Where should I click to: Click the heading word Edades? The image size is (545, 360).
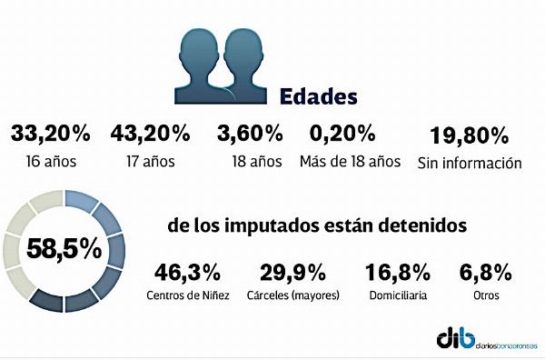point(319,96)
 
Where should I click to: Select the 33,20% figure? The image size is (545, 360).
point(51,134)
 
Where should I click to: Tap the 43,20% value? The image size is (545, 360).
point(150,134)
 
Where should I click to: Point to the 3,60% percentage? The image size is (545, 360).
point(250,134)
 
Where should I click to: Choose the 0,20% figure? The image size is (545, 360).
point(342,134)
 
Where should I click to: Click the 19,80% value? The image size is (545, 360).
point(470,135)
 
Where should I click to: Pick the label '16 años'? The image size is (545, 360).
point(51,162)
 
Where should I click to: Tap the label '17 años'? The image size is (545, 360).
point(151,162)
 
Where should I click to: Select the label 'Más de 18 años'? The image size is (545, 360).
point(350,162)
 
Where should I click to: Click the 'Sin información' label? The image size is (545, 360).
point(470,163)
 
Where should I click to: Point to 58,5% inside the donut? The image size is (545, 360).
point(64,249)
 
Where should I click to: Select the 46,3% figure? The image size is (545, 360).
point(187,273)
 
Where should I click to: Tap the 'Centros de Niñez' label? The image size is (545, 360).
point(188,295)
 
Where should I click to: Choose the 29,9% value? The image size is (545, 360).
point(292,273)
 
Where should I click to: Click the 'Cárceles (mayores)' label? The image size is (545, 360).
point(293,295)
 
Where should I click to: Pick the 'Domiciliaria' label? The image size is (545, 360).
point(398,295)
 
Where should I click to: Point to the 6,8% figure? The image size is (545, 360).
point(486,273)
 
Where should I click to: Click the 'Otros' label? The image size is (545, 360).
point(486,295)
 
